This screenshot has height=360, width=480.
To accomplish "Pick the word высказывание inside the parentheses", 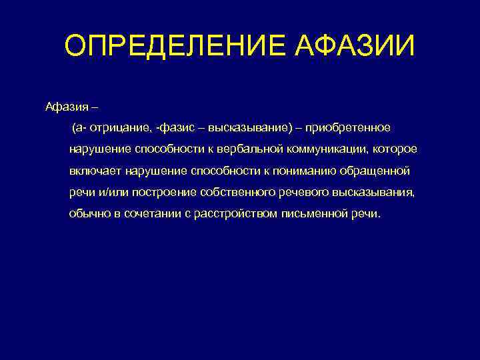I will point(242,127).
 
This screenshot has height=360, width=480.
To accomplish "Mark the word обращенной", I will point(379,171).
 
